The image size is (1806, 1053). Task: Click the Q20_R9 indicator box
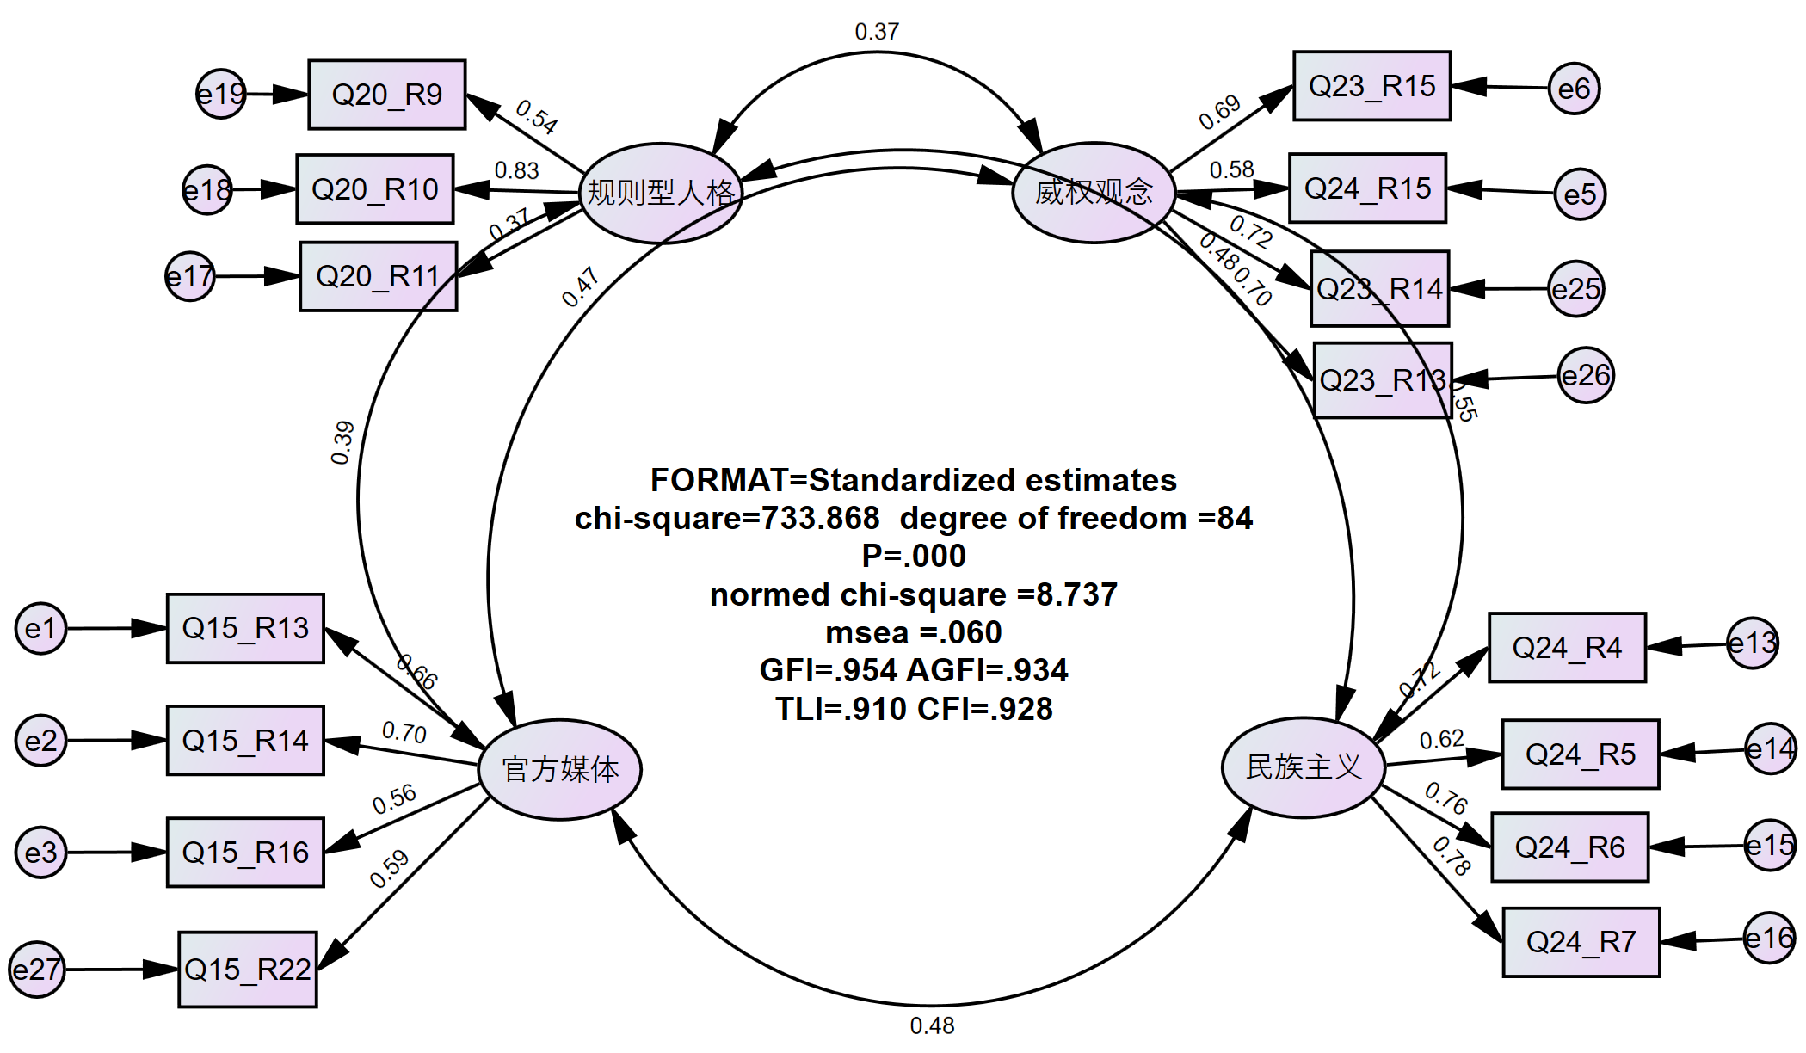coord(387,95)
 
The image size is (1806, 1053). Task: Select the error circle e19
coord(221,94)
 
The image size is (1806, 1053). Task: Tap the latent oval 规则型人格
coord(661,193)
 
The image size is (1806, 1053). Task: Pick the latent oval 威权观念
coord(1094,192)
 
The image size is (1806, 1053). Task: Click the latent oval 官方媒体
coord(560,769)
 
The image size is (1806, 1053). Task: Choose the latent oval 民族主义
coord(1304,767)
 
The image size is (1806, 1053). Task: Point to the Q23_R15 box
coord(1371,86)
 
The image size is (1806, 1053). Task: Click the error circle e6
coord(1574,89)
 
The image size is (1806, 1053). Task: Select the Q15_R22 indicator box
coord(248,970)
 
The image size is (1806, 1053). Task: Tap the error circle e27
coord(37,970)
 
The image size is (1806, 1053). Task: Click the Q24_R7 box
coord(1581,942)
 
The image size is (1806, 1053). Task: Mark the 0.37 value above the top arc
coord(877,32)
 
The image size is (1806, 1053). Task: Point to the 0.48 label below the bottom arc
coord(932,1025)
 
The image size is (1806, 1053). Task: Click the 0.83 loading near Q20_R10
coord(516,170)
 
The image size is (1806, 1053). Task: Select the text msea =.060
coord(914,632)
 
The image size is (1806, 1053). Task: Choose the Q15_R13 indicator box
coord(245,628)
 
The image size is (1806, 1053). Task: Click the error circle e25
coord(1575,289)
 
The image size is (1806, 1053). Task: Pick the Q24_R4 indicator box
coord(1567,648)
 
